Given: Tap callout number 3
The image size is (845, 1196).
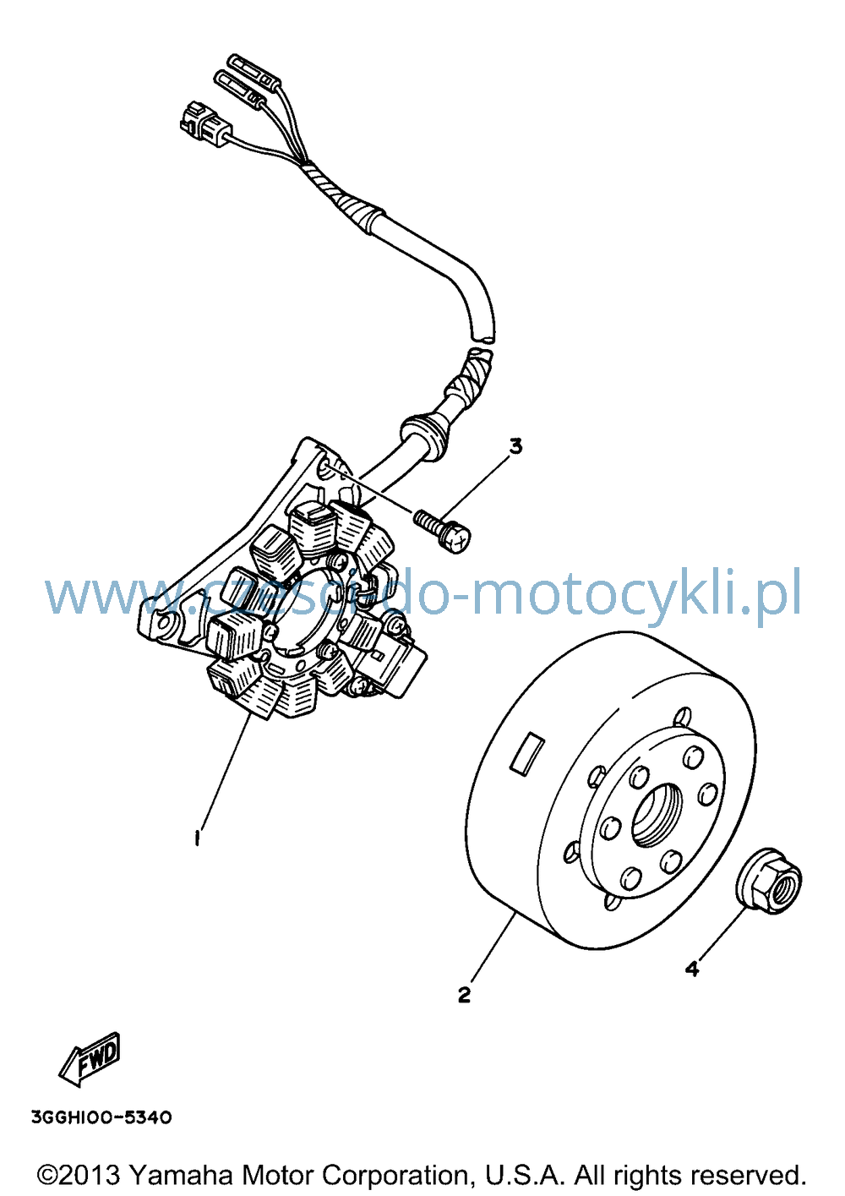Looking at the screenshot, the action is point(515,446).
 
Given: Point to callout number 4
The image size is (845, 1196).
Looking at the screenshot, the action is point(692,968).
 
